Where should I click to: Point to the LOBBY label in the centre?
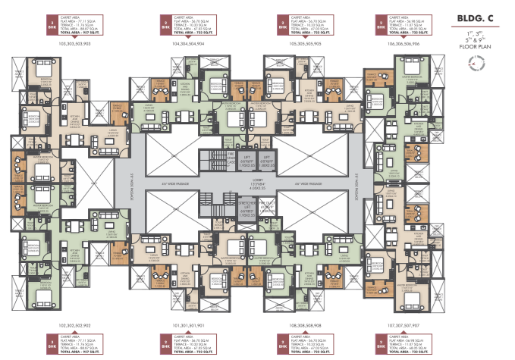pyautogui.click(x=256, y=181)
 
